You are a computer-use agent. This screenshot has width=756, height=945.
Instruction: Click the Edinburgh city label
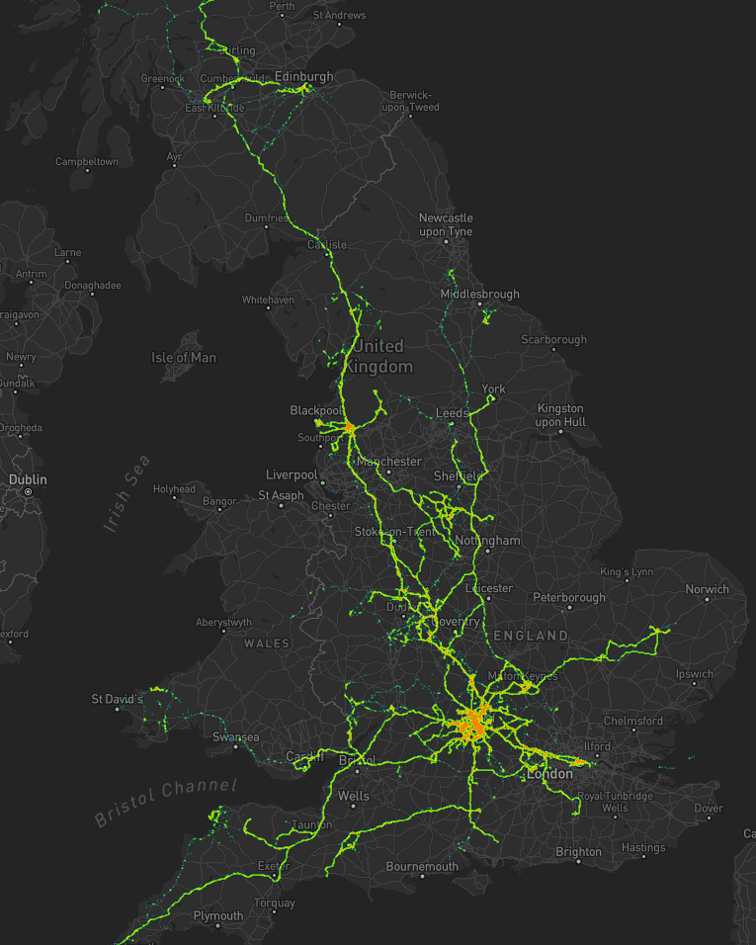[303, 76]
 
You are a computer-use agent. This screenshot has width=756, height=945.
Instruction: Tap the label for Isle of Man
[184, 357]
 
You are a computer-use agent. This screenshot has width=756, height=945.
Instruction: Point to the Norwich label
[708, 589]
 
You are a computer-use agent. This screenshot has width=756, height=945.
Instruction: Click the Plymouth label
[218, 916]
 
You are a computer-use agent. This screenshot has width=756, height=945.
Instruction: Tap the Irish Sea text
[127, 493]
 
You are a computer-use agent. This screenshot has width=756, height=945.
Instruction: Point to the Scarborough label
[553, 339]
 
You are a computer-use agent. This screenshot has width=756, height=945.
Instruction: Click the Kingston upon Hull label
[560, 415]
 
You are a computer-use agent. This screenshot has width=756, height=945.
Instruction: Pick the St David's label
[118, 699]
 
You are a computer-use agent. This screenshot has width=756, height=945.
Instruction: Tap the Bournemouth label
[422, 867]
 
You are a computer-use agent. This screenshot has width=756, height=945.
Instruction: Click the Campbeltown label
[87, 161]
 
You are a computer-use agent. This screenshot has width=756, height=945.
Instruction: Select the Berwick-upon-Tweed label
[410, 101]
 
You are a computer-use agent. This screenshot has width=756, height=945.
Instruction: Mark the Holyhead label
[175, 488]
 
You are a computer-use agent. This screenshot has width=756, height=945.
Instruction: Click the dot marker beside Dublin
[29, 491]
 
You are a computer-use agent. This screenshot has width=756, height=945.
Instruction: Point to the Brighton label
[578, 851]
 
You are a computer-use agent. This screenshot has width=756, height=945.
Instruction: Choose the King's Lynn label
[627, 573]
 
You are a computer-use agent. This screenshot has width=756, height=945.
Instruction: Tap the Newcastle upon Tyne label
[446, 224]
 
